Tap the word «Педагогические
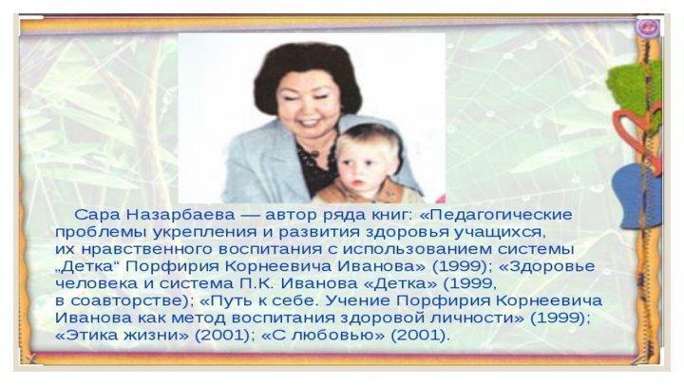pos(495,215)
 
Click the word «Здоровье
pos(546,266)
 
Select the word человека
pos(96,283)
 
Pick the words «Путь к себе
pos(259,300)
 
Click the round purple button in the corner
pos(647,27)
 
